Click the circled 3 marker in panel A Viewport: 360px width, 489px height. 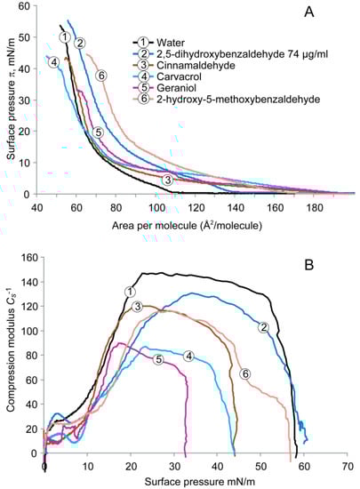point(167,180)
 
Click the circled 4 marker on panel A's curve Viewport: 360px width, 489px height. point(54,62)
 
